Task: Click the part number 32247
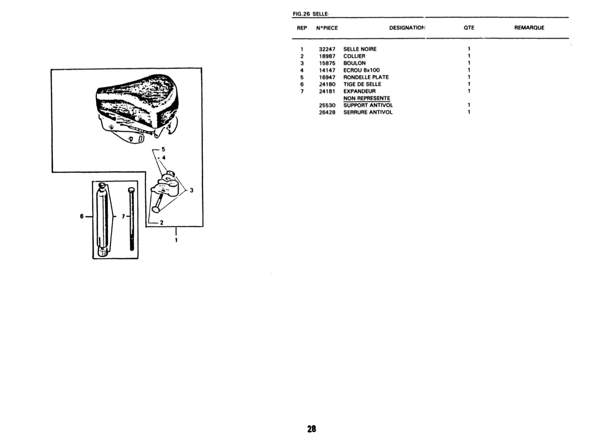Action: point(327,50)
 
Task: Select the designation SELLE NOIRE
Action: point(360,49)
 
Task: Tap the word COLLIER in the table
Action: point(354,56)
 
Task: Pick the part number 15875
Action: point(327,63)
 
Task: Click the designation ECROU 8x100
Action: point(362,70)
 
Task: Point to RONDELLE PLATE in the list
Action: point(366,77)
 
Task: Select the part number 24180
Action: point(327,84)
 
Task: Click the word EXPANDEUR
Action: point(359,91)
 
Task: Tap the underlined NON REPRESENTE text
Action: point(367,98)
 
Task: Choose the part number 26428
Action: point(327,112)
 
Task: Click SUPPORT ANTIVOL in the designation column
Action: point(368,105)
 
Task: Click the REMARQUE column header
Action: point(529,28)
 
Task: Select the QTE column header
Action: point(469,28)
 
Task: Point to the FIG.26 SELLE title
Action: point(311,14)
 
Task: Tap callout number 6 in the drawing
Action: point(82,216)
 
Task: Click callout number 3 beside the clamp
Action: point(191,190)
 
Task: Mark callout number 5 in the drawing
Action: point(163,149)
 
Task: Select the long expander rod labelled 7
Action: point(132,219)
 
